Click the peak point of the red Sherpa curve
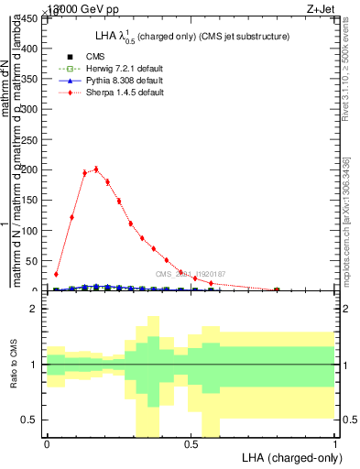tap(96, 169)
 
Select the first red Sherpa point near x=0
tap(56, 274)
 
